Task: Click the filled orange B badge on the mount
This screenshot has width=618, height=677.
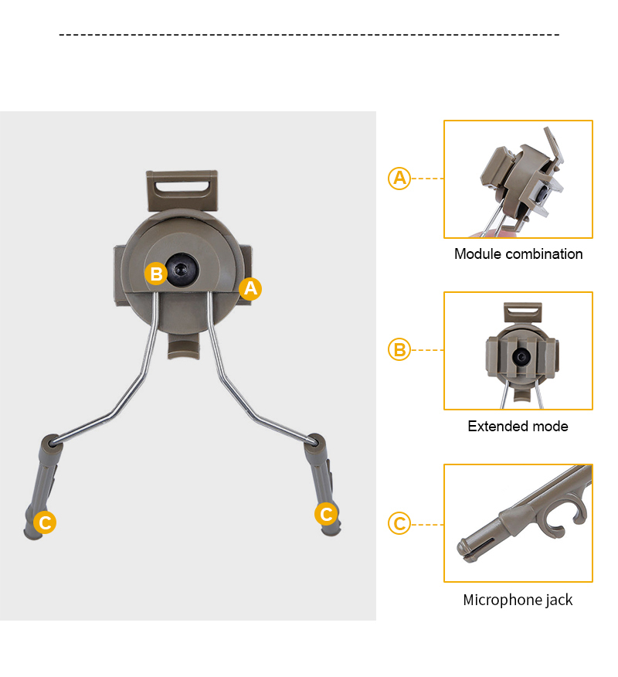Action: coord(156,274)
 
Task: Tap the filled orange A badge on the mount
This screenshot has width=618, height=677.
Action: coord(250,288)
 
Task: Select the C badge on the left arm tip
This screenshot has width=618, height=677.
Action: coord(45,522)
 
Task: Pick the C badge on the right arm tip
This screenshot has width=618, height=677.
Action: coord(326,514)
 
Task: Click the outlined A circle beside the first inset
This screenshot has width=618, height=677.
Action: coord(399,179)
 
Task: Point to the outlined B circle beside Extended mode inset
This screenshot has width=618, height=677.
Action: coord(399,350)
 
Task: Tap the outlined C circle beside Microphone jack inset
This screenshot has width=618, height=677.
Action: coord(399,523)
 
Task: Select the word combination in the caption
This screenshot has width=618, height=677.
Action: coord(544,253)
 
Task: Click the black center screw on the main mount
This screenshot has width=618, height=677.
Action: coord(182,270)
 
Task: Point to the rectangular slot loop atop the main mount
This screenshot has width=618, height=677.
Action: coord(182,189)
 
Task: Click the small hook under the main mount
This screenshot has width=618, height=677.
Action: coord(183,346)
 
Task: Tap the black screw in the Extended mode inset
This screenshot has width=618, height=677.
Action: coord(521,356)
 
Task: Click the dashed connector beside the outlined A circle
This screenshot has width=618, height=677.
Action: coord(427,179)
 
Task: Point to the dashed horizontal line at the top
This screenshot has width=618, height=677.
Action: coord(309,35)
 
